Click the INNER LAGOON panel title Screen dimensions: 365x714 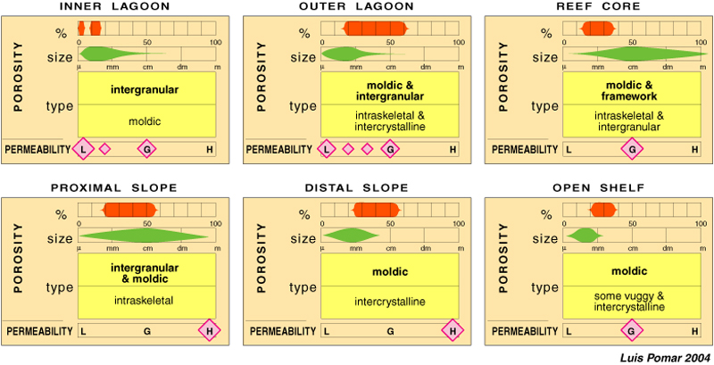[x=127, y=7]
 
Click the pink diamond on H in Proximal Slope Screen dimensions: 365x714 [x=211, y=331]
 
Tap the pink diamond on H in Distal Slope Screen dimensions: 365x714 [x=453, y=331]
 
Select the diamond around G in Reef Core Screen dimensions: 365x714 [x=632, y=149]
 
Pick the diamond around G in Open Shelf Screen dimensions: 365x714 [x=632, y=331]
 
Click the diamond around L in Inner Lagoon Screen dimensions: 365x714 [x=83, y=149]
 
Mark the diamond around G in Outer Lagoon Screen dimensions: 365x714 [x=390, y=149]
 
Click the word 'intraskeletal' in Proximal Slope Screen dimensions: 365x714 [x=146, y=301]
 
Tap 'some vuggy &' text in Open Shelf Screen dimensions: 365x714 [x=632, y=295]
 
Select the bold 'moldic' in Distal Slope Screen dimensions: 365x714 [x=390, y=270]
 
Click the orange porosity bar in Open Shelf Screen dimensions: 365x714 [x=603, y=211]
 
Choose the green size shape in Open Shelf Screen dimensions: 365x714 [x=584, y=236]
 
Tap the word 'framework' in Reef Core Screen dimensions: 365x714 [x=632, y=95]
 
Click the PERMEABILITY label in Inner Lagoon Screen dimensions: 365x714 [x=38, y=149]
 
